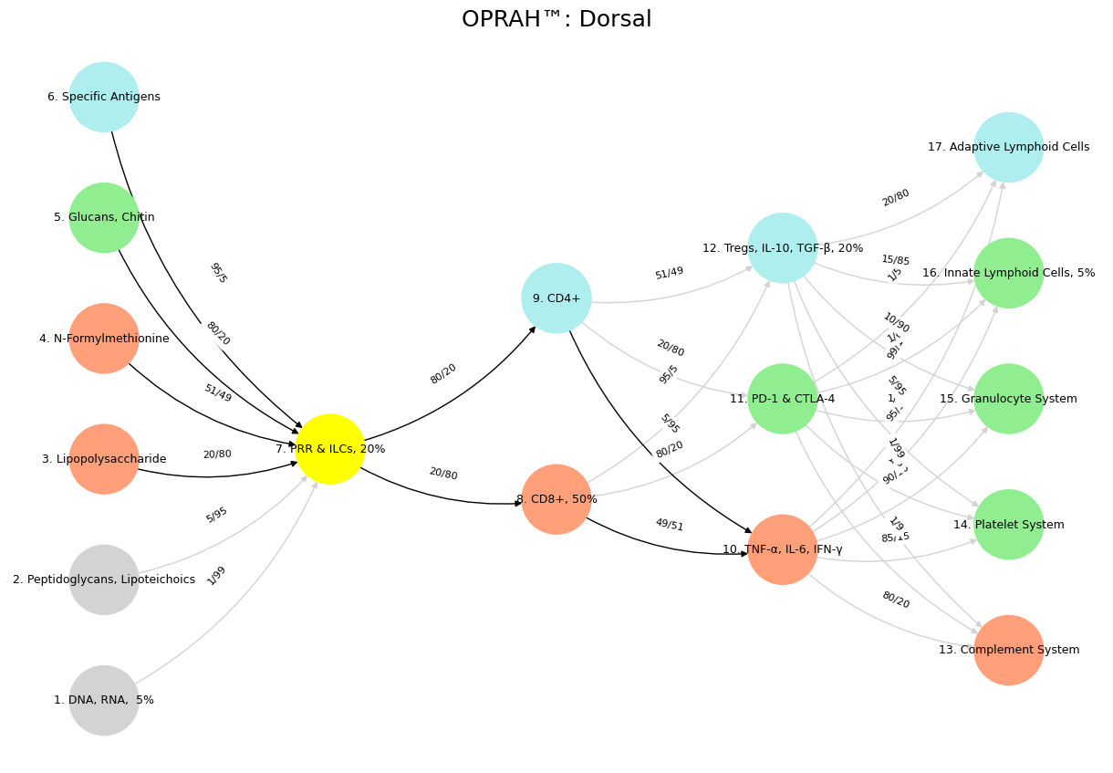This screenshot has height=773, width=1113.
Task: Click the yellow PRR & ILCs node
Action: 330,449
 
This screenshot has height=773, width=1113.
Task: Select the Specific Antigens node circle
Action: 104,97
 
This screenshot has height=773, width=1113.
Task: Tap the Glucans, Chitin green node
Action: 104,217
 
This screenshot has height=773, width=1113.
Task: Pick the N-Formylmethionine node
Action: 104,339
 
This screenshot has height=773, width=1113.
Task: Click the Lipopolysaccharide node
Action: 104,459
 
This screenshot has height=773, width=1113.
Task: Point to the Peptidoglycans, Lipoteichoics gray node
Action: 104,580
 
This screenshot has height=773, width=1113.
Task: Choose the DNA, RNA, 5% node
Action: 104,700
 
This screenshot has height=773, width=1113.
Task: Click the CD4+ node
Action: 556,298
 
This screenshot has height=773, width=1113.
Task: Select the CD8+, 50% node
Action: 556,499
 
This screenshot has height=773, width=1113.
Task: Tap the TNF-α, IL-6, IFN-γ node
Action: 783,549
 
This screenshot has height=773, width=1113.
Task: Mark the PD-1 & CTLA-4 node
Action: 783,399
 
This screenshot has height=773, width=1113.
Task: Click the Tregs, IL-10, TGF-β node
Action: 783,248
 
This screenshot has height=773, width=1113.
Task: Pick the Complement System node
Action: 1009,650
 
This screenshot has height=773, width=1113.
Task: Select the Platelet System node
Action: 1009,525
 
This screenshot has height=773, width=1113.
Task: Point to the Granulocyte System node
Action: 1009,399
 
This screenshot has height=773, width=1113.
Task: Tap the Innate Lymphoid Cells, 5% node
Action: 1009,273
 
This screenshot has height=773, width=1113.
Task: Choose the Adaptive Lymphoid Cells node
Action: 1009,147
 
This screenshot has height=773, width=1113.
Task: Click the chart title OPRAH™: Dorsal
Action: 556,19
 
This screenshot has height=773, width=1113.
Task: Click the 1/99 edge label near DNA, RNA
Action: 216,575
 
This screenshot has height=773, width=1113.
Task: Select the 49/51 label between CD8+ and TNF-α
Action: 670,525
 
